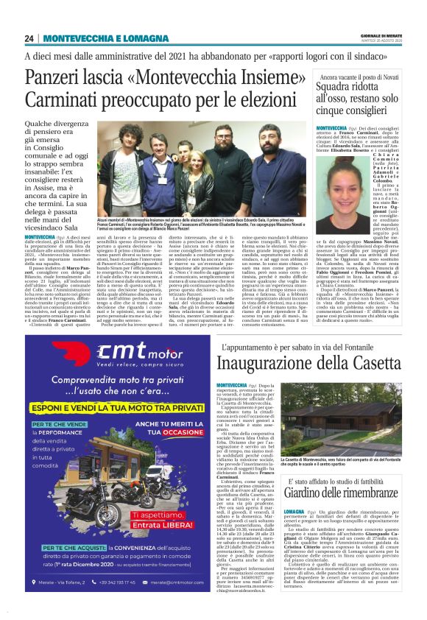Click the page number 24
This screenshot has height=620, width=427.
29,38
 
